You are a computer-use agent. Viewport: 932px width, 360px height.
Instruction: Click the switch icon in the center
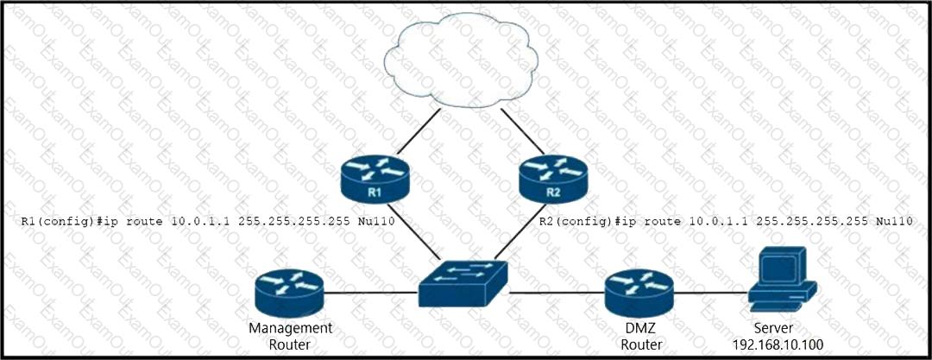(x=463, y=283)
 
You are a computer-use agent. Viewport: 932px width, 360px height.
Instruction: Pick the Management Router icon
(x=289, y=293)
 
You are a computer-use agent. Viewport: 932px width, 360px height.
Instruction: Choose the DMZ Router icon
(x=638, y=293)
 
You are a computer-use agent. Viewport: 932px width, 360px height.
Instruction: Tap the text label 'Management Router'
(x=290, y=336)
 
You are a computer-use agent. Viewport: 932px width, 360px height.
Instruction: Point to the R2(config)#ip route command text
(x=725, y=222)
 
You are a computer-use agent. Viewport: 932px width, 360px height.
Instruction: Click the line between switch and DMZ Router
(x=557, y=294)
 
